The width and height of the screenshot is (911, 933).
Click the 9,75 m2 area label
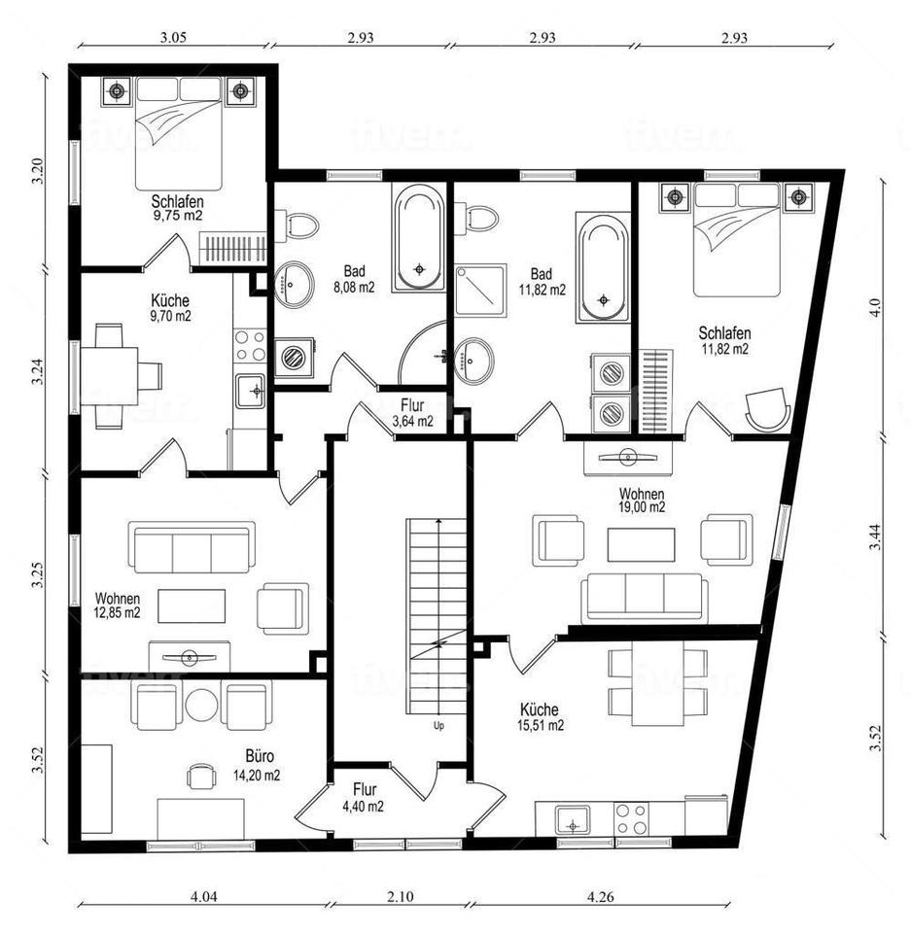click(x=178, y=216)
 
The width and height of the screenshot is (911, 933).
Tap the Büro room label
click(x=260, y=756)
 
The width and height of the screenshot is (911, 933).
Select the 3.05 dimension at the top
click(x=173, y=38)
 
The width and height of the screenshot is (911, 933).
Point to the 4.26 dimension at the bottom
click(x=600, y=896)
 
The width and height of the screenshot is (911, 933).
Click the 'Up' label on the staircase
click(x=438, y=726)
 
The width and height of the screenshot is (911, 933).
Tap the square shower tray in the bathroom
click(x=480, y=290)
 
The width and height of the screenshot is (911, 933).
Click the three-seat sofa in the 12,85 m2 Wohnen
click(x=192, y=547)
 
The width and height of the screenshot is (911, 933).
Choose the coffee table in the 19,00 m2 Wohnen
click(x=642, y=544)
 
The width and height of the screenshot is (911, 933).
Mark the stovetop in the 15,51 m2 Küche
click(x=631, y=819)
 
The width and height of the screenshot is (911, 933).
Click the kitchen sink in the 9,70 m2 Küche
click(x=250, y=391)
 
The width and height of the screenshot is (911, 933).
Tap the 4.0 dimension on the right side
click(x=875, y=308)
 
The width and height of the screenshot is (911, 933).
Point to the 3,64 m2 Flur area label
click(x=412, y=421)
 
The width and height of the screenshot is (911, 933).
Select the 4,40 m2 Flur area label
click(x=364, y=807)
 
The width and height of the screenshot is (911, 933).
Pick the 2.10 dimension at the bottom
click(x=401, y=896)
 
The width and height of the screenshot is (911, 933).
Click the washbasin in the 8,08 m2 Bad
click(x=294, y=284)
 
